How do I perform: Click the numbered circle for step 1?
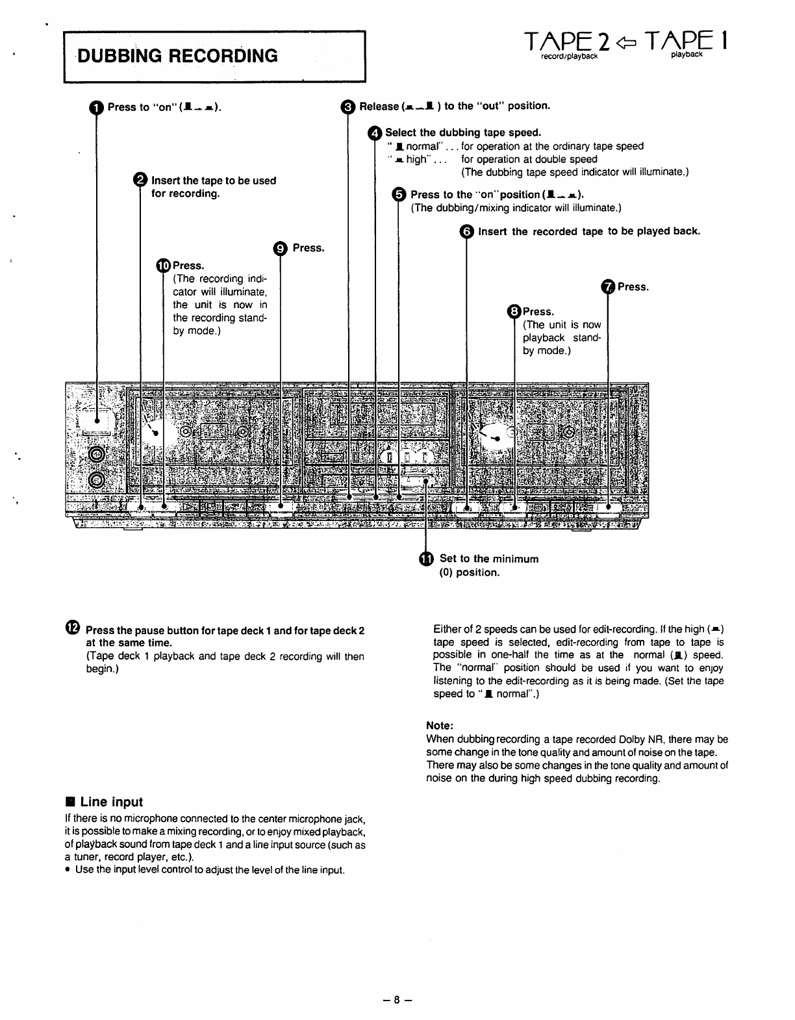[x=96, y=107]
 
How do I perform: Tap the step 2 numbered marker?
[x=140, y=181]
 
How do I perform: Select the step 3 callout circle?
[x=348, y=106]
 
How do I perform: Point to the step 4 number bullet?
[x=375, y=133]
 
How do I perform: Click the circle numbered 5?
[x=399, y=194]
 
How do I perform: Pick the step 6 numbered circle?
[x=466, y=232]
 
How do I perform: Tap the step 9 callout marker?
[x=280, y=248]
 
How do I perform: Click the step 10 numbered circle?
[x=163, y=265]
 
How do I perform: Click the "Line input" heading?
[x=111, y=802]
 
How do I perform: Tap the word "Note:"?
[x=439, y=725]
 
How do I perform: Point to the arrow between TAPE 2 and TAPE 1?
[x=625, y=44]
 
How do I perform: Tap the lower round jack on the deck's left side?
[x=97, y=479]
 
